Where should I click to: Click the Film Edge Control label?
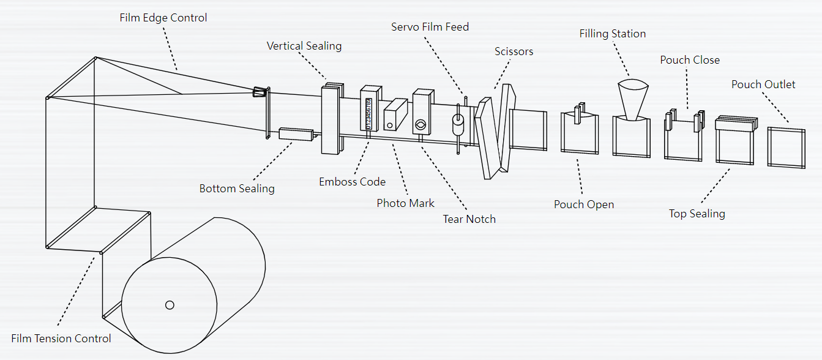(x=163, y=18)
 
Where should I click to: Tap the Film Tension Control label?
(x=61, y=339)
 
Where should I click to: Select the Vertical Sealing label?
(x=304, y=46)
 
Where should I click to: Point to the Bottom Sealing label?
(x=237, y=189)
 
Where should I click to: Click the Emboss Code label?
(x=353, y=182)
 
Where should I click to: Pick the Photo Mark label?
(x=405, y=203)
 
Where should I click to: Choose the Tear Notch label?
(x=469, y=219)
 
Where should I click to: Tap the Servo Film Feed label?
(x=430, y=27)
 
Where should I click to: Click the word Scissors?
(x=514, y=51)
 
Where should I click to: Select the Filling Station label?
(x=613, y=34)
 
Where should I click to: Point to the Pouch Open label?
(x=584, y=204)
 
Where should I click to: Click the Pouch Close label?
(x=690, y=60)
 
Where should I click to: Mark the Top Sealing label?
(x=697, y=214)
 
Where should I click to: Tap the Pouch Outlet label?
(x=763, y=84)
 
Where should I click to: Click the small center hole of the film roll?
(x=170, y=305)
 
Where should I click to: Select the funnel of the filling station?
(x=633, y=98)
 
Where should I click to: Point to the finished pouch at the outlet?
(x=786, y=147)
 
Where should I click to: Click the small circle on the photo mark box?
(x=388, y=126)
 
